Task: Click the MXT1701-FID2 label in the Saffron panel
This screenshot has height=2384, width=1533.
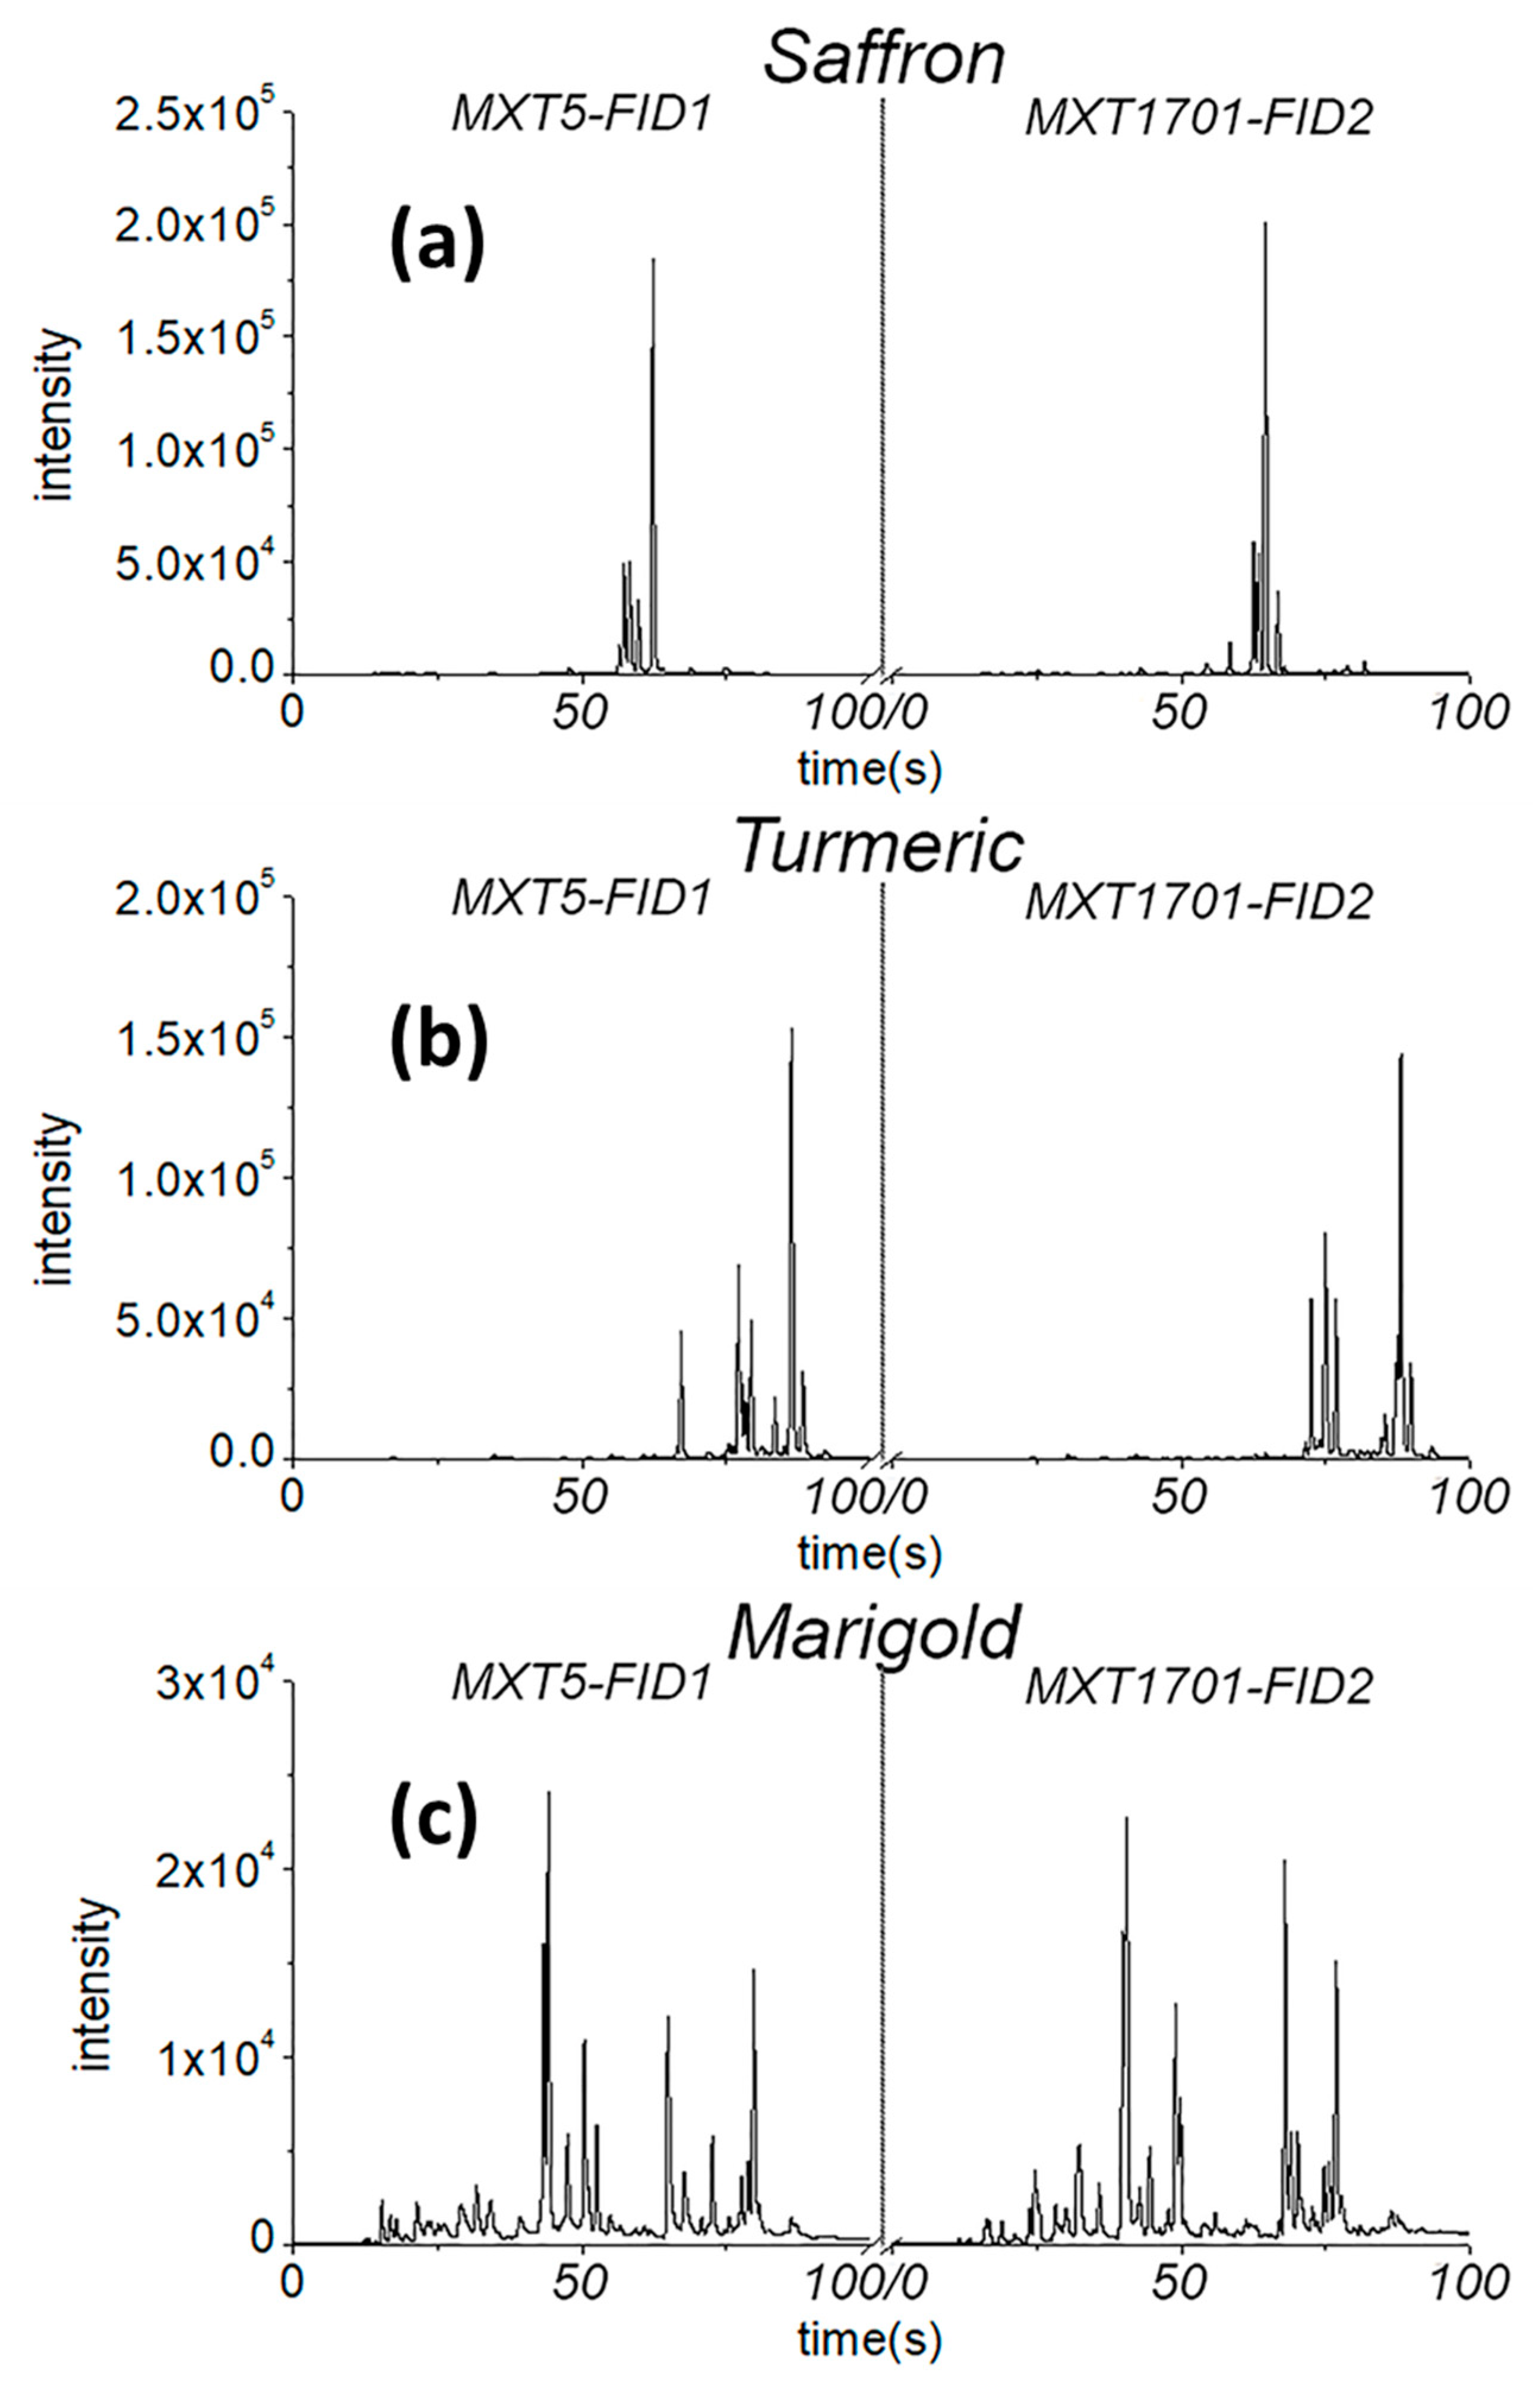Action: click(1200, 119)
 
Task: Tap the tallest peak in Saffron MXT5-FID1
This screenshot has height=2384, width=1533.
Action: click(654, 261)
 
